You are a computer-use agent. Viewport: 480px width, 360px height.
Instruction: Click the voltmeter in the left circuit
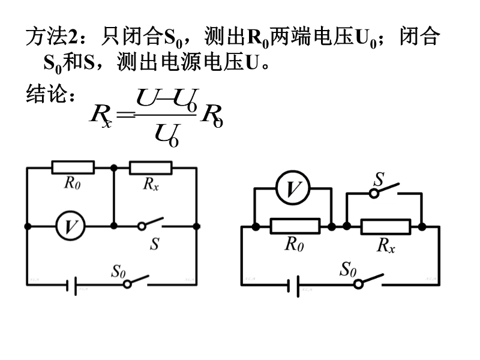point(71,226)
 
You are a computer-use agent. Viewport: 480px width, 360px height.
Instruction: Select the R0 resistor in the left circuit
point(73,167)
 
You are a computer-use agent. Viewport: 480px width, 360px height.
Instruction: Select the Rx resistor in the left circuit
point(151,167)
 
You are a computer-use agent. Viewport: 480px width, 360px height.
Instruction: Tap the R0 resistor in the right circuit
point(295,227)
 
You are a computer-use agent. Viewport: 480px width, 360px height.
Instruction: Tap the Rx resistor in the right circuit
point(386,227)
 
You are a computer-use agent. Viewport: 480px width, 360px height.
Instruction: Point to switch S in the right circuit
point(386,190)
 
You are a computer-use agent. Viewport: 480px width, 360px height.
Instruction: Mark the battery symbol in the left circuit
point(71,285)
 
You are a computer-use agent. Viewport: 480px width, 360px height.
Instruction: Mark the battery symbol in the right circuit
point(293,286)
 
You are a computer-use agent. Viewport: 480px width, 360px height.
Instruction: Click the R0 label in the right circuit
point(293,244)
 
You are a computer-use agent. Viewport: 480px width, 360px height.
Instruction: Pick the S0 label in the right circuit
point(349,269)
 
